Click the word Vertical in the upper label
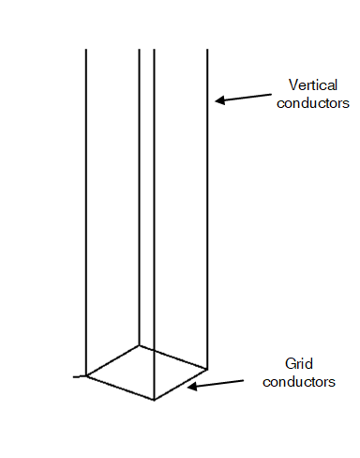297,85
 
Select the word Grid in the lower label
297,364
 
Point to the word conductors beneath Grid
298,381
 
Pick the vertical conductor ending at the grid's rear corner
140,188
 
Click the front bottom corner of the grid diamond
154,400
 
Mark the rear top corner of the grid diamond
140,345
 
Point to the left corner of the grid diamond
86,375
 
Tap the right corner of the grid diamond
208,368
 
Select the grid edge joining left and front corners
120,388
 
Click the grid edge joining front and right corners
181,384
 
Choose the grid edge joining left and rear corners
112,360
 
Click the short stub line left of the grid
80,376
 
